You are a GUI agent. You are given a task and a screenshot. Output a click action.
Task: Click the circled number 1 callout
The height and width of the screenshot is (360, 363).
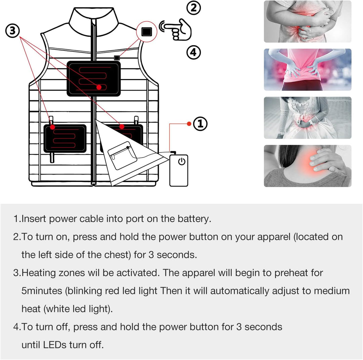point(200,124)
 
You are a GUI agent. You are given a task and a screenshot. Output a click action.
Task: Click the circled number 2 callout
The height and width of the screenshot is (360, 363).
point(194,8)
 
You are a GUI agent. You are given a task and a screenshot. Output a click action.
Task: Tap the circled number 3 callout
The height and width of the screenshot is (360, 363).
point(12,31)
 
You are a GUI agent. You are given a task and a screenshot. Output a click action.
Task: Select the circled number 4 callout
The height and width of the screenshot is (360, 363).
point(194,52)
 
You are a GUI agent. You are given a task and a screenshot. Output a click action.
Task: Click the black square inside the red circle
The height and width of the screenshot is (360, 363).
point(147,32)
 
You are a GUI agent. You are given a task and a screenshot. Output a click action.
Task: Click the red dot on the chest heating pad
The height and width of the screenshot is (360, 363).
point(99,87)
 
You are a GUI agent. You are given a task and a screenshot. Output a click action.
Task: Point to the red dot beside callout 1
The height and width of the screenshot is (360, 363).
point(189,124)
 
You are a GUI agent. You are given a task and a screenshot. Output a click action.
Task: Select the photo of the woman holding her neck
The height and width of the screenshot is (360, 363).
point(308,166)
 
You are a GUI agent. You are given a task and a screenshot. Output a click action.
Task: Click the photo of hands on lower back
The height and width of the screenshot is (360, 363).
point(308,70)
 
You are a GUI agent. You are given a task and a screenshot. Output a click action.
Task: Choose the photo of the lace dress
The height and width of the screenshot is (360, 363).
point(308,118)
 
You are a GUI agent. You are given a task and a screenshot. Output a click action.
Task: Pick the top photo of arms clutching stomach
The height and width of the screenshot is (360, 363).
point(308,22)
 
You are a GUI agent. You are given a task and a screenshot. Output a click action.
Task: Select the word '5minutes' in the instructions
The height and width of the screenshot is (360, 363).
point(42,291)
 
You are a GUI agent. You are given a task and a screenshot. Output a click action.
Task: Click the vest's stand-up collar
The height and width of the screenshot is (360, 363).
point(93,22)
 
